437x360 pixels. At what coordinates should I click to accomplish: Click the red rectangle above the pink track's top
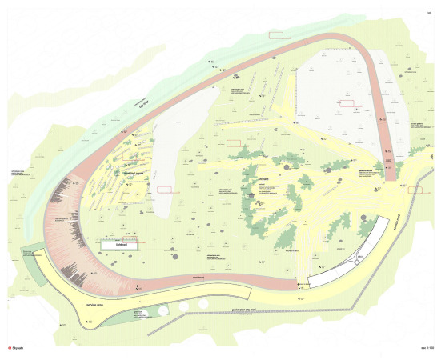click(x=276, y=34)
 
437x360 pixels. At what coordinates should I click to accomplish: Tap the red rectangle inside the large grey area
click(x=347, y=103)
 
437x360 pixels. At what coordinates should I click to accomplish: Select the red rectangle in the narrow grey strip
click(x=165, y=188)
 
